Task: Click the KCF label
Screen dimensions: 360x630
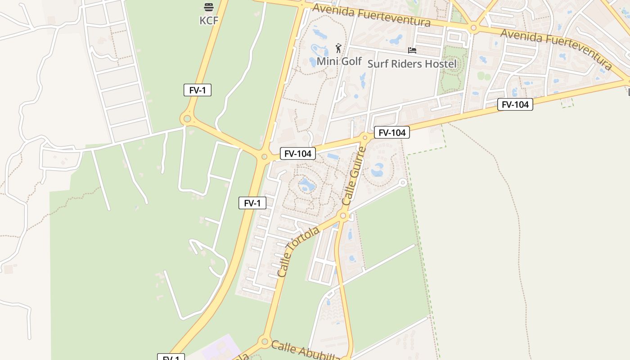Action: click(209, 20)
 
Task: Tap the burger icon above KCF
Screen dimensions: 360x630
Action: click(208, 7)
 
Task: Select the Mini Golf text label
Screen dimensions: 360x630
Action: click(339, 61)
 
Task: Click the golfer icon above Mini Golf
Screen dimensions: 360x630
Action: click(338, 48)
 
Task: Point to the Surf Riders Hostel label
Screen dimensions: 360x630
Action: click(412, 64)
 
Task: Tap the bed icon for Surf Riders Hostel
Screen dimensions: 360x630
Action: click(412, 50)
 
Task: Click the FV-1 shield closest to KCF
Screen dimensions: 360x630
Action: click(197, 90)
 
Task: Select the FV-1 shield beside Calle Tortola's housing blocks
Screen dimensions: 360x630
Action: click(252, 203)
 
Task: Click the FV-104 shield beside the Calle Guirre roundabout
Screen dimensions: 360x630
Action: click(391, 132)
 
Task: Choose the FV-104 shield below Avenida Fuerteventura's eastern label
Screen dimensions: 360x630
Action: click(515, 105)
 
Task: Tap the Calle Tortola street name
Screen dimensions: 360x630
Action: click(298, 252)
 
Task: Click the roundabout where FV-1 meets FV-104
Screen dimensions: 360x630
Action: click(264, 157)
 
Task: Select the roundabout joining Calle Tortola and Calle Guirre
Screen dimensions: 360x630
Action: click(343, 216)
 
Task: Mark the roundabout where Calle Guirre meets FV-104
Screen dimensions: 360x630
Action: click(365, 137)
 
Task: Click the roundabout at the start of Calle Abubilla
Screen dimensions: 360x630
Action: click(264, 342)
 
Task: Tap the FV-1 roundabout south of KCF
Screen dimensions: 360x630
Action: click(187, 119)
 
